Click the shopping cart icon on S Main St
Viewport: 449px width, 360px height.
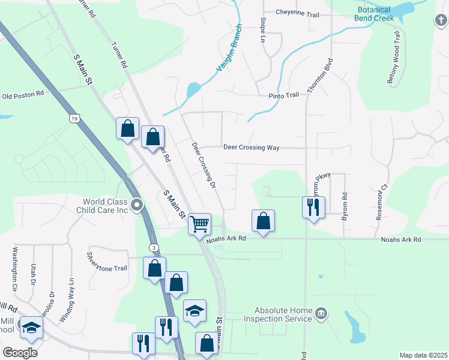200,224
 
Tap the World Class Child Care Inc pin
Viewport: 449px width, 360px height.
137,206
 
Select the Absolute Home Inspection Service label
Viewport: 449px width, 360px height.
278,314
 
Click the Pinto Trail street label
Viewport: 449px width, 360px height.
283,95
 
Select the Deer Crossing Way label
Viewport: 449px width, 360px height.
252,147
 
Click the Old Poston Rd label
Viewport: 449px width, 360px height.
23,95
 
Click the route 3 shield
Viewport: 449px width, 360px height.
154,247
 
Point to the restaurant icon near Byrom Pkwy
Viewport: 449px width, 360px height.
313,207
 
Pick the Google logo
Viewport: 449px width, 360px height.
20,353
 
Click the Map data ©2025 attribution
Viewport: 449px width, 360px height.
423,355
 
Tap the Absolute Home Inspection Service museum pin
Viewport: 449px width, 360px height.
321,313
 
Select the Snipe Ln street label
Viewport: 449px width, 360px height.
262,30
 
